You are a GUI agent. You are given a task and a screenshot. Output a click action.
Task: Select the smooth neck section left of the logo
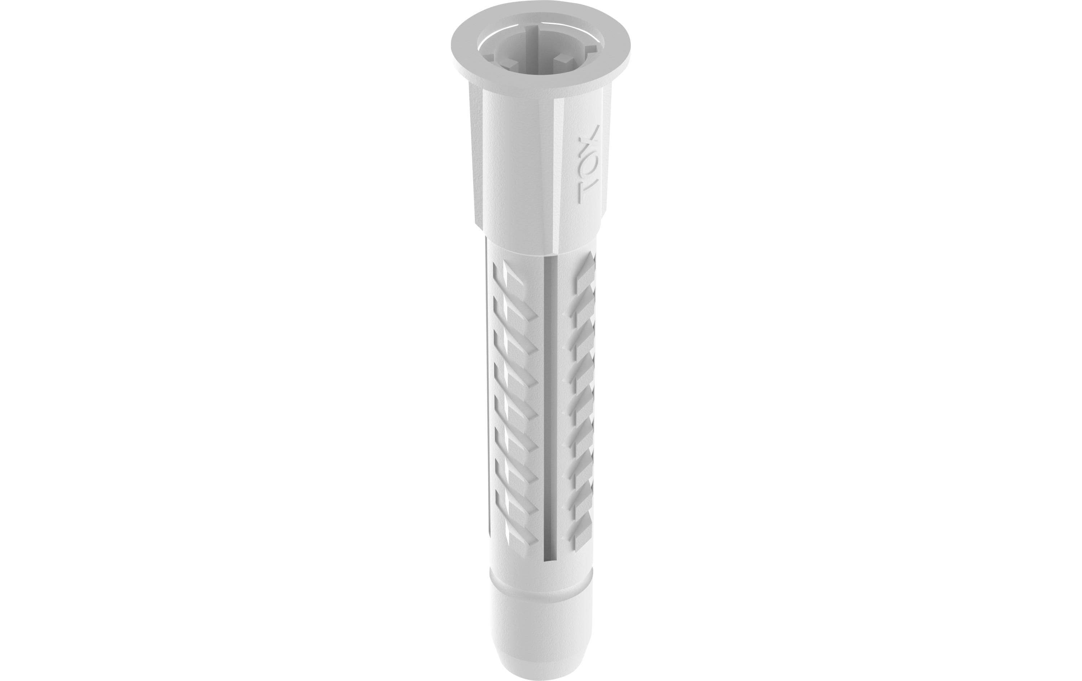click(x=521, y=171)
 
